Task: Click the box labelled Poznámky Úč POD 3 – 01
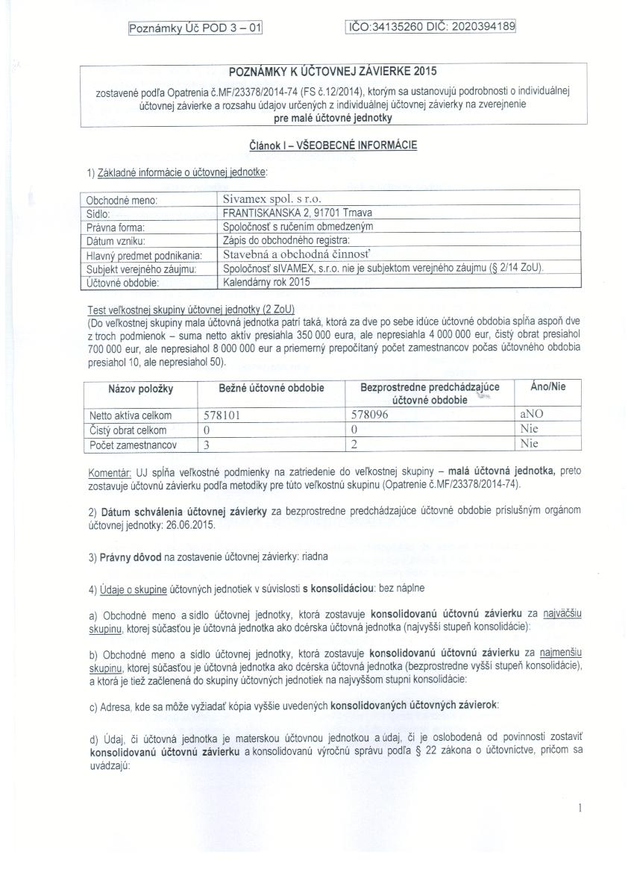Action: pyautogui.click(x=196, y=28)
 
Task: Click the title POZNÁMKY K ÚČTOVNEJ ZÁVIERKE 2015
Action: pyautogui.click(x=333, y=72)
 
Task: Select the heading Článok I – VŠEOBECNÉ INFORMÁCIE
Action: pyautogui.click(x=333, y=145)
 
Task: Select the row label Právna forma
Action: pyautogui.click(x=115, y=227)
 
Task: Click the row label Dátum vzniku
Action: pyautogui.click(x=116, y=241)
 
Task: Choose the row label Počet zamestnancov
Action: pyautogui.click(x=133, y=444)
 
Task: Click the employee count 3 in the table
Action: pyautogui.click(x=207, y=444)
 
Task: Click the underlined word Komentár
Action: pyautogui.click(x=110, y=471)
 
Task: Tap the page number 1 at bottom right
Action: pyautogui.click(x=580, y=808)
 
